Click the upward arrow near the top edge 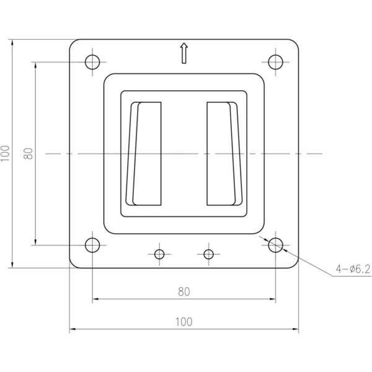tap(184, 53)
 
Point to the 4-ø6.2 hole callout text tap(353, 269)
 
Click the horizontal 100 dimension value tap(184, 322)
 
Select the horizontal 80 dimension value tap(184, 292)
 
